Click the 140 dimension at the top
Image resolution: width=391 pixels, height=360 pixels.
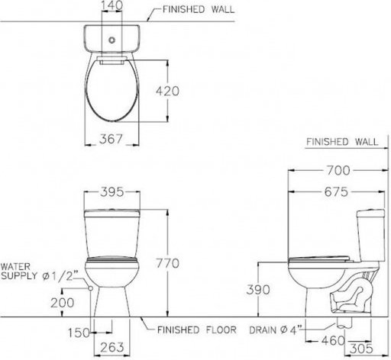point(111,5)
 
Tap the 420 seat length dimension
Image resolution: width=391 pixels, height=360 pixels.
point(167,91)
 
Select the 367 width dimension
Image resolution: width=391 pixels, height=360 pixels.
point(111,139)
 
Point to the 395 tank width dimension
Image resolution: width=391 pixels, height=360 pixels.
point(111,192)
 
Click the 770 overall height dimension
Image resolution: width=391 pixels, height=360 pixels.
point(167,263)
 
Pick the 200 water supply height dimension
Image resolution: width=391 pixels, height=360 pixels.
point(63,303)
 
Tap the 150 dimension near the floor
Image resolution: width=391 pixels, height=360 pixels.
point(79,333)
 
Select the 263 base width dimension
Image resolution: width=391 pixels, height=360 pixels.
point(112,348)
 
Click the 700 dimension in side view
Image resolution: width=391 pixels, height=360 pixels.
point(338,170)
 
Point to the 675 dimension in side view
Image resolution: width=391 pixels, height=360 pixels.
point(336,192)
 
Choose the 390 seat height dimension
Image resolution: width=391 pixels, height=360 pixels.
point(258,290)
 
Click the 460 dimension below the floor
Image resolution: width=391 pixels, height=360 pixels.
point(333,341)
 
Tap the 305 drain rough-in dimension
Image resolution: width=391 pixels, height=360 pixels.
point(361,349)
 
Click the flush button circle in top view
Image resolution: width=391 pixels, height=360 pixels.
point(111,40)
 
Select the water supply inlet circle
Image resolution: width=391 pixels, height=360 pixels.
point(90,288)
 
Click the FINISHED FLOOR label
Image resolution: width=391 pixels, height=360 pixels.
point(197,330)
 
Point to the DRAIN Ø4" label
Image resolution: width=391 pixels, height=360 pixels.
point(273,330)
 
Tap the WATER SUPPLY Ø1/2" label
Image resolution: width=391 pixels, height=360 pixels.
point(38,272)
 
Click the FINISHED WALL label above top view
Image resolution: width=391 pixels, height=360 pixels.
point(199,9)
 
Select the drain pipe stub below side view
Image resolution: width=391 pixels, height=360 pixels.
point(344,322)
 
